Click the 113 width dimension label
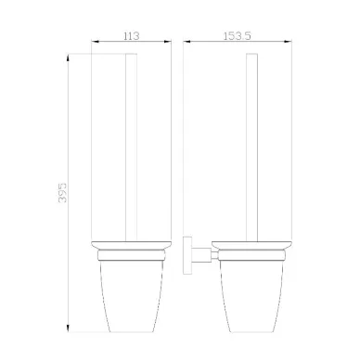pos(132,36)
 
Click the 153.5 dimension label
pos(238,36)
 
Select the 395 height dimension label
pos(62,193)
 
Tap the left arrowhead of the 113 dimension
pos(95,42)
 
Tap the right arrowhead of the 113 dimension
pos(168,42)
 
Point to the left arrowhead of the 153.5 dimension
pos(186,42)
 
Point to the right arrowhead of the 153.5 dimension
pos(289,42)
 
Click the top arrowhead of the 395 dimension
pos(69,58)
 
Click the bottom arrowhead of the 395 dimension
pos(69,328)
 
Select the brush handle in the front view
pos(131,147)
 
